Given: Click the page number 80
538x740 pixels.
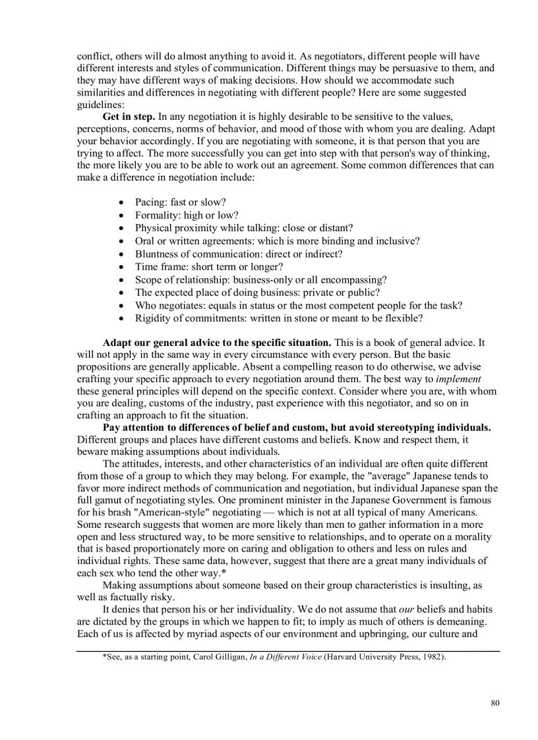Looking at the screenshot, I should [x=495, y=703].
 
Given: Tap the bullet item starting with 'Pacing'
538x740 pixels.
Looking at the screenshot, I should [x=180, y=202].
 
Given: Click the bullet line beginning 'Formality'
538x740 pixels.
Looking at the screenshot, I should [x=187, y=215].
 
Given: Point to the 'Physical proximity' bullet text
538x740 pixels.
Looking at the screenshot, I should [x=244, y=228].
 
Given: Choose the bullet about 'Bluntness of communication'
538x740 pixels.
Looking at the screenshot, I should [x=239, y=254].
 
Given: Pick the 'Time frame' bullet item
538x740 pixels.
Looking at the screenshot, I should [x=209, y=267].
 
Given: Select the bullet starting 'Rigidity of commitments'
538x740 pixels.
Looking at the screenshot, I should [x=279, y=318].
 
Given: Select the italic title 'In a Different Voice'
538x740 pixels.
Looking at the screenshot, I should [x=285, y=657].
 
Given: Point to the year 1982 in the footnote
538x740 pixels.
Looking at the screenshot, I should [x=432, y=657].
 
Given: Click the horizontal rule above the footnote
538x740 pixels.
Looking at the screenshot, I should [x=288, y=651].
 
